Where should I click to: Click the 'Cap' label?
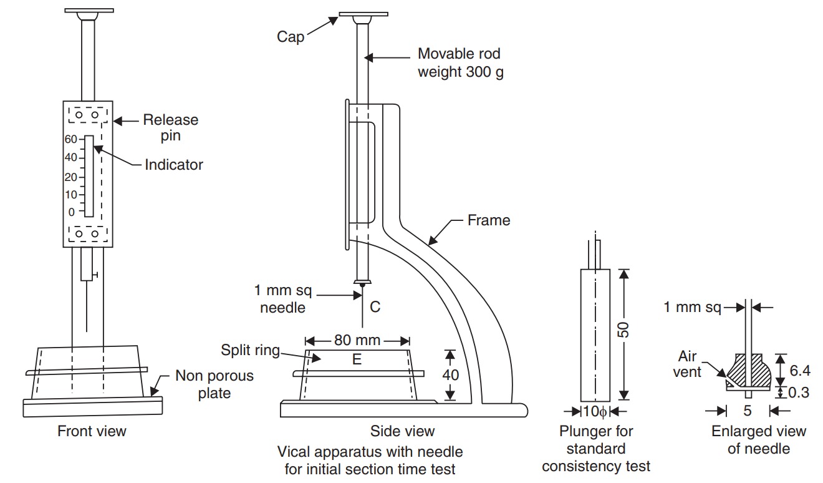pyautogui.click(x=291, y=37)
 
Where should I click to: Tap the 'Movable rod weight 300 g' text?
pyautogui.click(x=460, y=63)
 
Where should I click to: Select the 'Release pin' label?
pyautogui.click(x=170, y=127)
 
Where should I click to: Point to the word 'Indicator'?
pyautogui.click(x=174, y=165)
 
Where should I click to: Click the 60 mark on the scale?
pyautogui.click(x=70, y=139)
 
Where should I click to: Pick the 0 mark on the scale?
pyautogui.click(x=72, y=212)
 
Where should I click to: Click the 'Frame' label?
pyautogui.click(x=489, y=220)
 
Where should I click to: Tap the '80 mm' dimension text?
pyautogui.click(x=358, y=341)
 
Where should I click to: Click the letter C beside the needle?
pyautogui.click(x=375, y=306)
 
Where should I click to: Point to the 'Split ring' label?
pyautogui.click(x=250, y=350)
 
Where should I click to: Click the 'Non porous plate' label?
pyautogui.click(x=214, y=384)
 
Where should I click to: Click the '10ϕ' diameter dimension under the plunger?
pyautogui.click(x=595, y=411)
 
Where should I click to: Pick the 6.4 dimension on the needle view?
pyautogui.click(x=800, y=371)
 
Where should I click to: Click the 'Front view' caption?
pyautogui.click(x=92, y=431)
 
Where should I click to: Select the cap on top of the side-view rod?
pyautogui.click(x=363, y=14)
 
